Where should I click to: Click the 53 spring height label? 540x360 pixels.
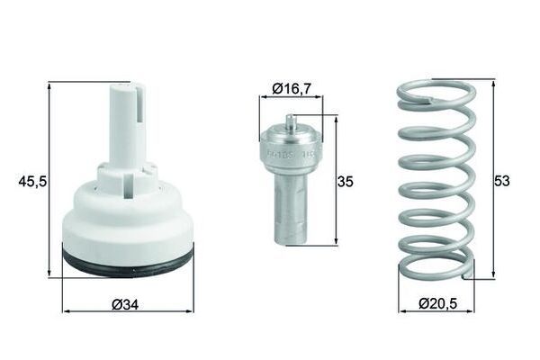coord(502,180)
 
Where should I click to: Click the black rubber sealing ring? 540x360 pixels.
coord(127,262)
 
